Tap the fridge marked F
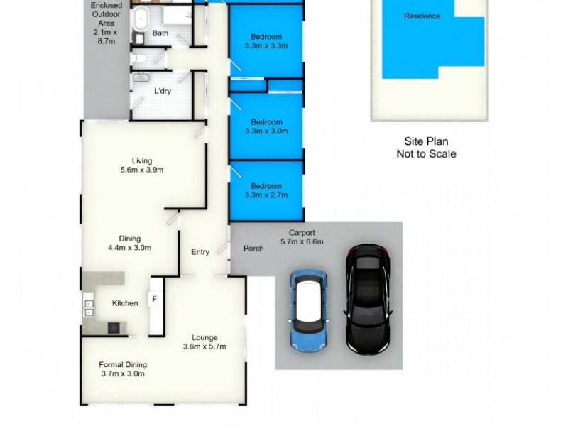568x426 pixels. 154,300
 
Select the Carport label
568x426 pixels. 302,232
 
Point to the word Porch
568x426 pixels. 253,248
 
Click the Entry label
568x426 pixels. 200,252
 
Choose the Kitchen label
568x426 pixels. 125,303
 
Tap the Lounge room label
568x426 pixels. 204,337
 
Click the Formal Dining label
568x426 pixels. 123,365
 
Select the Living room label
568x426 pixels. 142,161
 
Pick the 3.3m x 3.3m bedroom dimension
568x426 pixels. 266,46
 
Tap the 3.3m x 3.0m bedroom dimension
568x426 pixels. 266,131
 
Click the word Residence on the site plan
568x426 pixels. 422,16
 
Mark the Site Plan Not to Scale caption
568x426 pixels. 426,148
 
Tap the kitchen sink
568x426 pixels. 89,308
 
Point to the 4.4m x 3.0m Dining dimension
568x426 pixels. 129,248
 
